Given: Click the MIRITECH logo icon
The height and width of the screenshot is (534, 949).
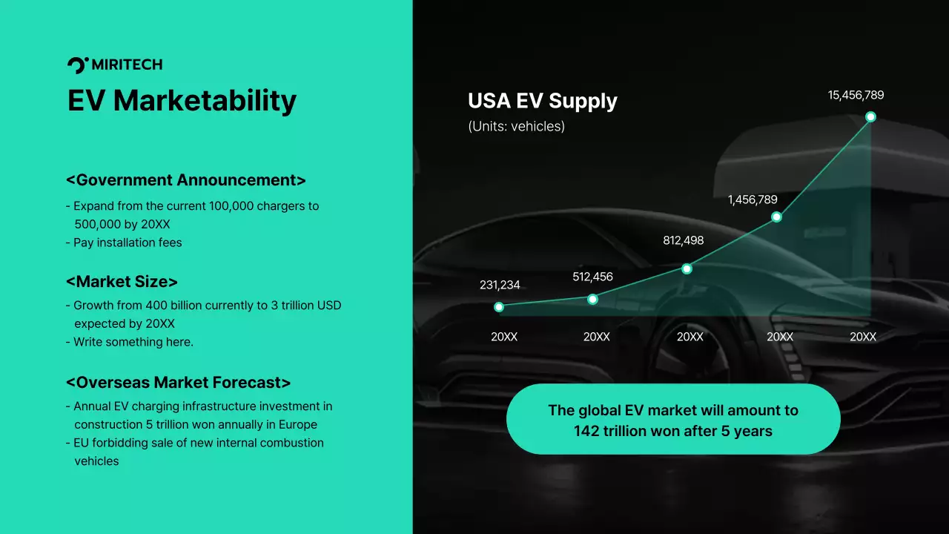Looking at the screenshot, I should (x=77, y=65).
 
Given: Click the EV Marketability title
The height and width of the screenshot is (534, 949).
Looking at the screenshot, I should (x=182, y=100).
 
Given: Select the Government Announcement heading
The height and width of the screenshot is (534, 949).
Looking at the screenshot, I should (x=185, y=180).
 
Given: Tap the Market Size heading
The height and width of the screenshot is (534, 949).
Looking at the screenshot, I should (x=122, y=282).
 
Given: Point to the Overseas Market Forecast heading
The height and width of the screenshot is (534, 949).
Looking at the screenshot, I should (x=178, y=383).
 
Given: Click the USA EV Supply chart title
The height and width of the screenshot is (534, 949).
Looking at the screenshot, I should (x=542, y=101).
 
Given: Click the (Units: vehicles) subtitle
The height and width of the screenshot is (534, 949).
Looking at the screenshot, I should (x=516, y=126).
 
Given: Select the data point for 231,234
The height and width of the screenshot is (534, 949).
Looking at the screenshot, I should (x=499, y=306).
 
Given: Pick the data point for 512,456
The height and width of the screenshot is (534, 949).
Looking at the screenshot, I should (x=592, y=299).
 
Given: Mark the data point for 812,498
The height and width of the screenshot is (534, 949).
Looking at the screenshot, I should (x=687, y=268).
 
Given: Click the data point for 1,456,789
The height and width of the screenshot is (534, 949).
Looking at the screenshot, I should (x=776, y=217).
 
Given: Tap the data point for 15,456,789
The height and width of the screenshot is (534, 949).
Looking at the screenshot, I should (x=870, y=116).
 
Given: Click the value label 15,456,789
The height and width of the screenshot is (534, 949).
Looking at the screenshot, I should (x=856, y=95).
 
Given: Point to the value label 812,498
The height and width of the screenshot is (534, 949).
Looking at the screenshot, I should (x=683, y=240).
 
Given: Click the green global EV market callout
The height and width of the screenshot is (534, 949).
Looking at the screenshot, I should (x=673, y=419).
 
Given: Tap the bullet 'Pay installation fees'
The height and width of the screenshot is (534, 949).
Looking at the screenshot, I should (x=128, y=243).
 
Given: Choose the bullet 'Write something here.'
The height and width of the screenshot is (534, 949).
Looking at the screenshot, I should (x=133, y=342).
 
